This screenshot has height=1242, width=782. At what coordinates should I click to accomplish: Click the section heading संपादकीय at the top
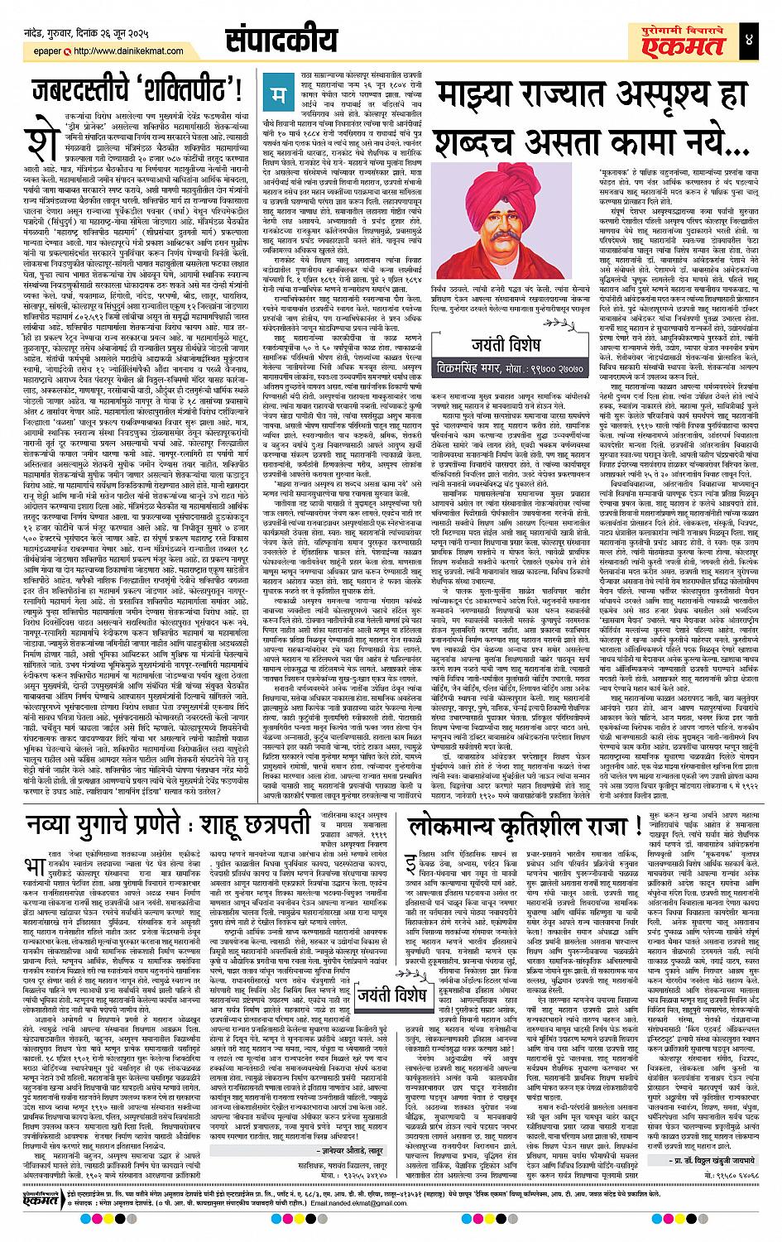pyautogui.click(x=281, y=41)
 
